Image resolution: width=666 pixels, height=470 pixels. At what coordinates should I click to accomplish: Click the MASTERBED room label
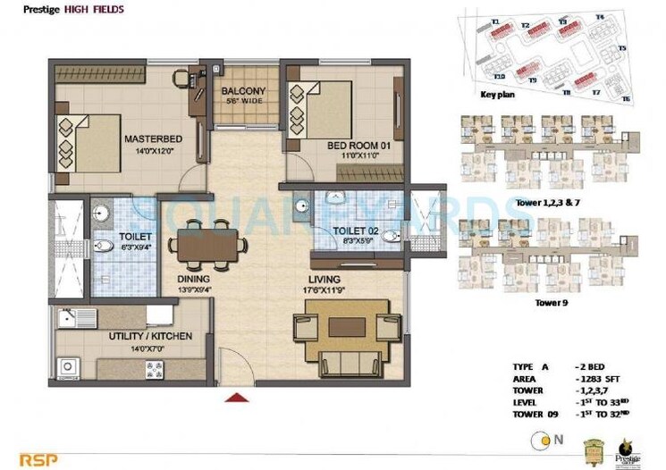coord(155,139)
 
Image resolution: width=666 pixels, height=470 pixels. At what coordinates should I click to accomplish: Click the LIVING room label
coord(320,278)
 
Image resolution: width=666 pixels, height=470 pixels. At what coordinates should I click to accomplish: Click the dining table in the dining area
coord(209,243)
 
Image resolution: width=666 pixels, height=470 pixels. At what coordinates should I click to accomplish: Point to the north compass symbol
coord(541,439)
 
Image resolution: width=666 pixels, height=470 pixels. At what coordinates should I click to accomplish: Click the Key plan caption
coord(496,94)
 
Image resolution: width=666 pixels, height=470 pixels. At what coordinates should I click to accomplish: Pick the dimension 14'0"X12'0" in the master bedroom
coord(155,151)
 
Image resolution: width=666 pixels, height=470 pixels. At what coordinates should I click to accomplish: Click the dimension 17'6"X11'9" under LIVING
coord(320,289)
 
